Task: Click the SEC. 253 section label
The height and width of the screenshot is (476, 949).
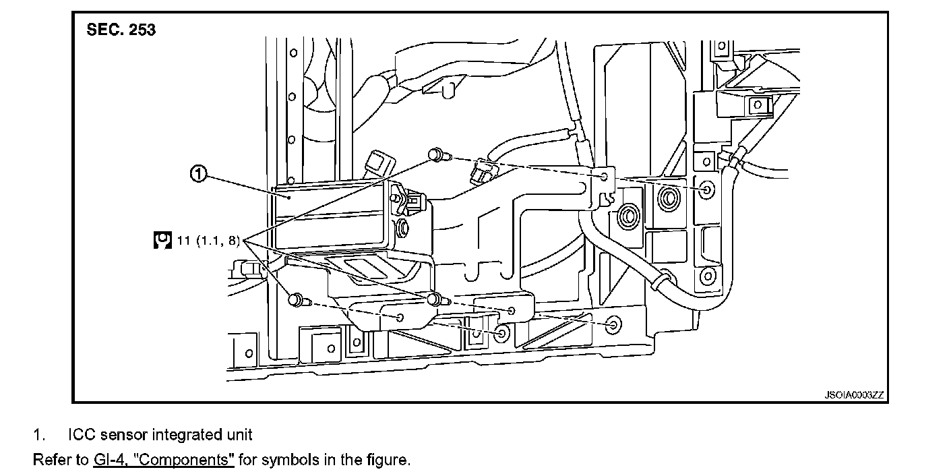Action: [121, 30]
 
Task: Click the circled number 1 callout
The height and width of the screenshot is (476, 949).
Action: [197, 175]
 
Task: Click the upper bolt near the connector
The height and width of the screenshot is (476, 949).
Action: [437, 156]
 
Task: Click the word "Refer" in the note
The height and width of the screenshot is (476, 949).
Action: [50, 460]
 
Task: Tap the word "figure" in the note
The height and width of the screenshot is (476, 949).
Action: [387, 460]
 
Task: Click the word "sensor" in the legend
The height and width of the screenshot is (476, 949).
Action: [123, 435]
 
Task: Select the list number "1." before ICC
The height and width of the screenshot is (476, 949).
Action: [40, 435]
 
